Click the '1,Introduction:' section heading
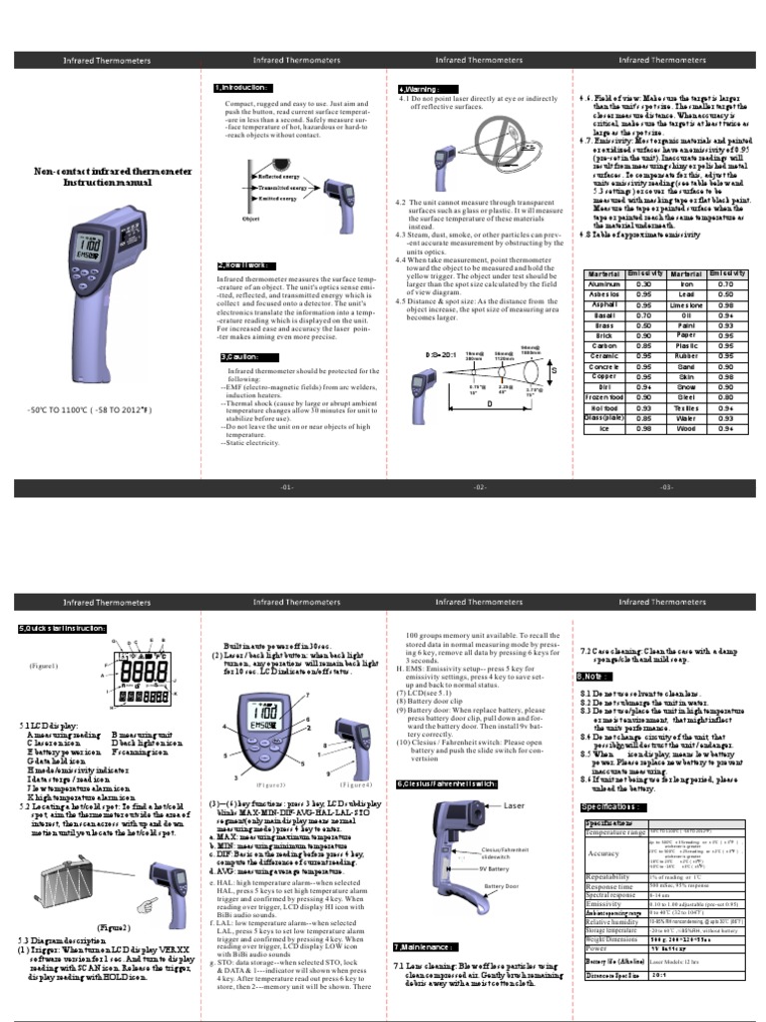(x=242, y=88)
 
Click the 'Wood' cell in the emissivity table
(x=686, y=428)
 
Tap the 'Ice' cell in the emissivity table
(x=603, y=428)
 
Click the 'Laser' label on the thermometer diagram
(x=514, y=804)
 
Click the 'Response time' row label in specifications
(x=610, y=885)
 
